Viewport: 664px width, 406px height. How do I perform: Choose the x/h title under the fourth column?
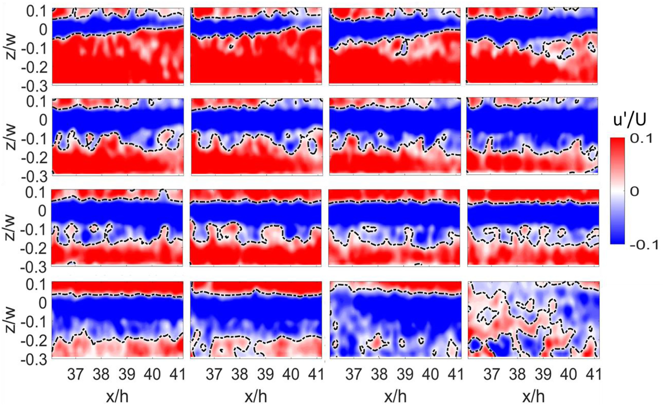(x=533, y=396)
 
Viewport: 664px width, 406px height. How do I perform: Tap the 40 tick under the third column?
(x=431, y=375)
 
